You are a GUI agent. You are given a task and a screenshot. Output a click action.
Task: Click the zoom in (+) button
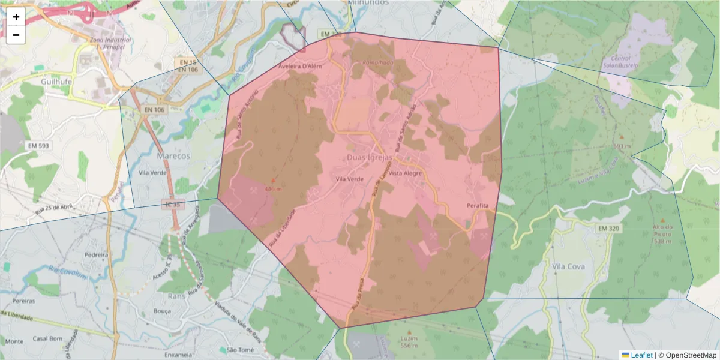click(16, 17)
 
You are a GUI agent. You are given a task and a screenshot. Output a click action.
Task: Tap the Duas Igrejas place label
click(370, 158)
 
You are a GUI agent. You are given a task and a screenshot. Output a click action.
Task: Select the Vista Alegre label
click(406, 173)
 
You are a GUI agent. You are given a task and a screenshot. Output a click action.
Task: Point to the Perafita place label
click(478, 206)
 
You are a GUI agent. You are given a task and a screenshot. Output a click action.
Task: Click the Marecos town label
click(173, 156)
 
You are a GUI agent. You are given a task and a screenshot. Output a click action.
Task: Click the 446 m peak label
click(273, 189)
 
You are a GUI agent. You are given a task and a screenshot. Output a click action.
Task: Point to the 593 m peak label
click(622, 146)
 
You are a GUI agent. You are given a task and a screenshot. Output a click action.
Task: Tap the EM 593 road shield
click(38, 146)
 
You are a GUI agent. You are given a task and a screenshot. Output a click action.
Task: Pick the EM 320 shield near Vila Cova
click(609, 229)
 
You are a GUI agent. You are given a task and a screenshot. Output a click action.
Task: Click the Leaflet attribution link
click(641, 355)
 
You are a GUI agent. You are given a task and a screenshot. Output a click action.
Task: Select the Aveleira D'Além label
click(301, 66)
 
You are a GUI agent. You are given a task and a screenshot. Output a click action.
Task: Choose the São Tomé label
click(240, 350)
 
